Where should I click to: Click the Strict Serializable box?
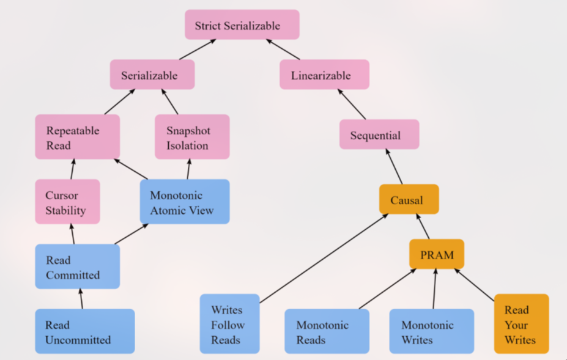(x=242, y=25)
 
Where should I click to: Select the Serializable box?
(x=152, y=75)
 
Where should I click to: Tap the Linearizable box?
(x=324, y=75)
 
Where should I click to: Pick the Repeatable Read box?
(x=77, y=137)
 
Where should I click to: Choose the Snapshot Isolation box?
(x=192, y=137)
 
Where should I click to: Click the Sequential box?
(x=379, y=134)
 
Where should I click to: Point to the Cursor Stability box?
(x=67, y=202)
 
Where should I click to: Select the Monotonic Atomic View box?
(x=185, y=202)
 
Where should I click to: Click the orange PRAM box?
(x=437, y=254)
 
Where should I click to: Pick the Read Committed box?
(x=77, y=266)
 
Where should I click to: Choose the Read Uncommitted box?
(x=84, y=331)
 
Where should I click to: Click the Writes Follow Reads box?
(x=229, y=324)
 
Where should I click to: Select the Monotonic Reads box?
(x=327, y=331)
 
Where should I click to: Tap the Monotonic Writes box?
(x=431, y=331)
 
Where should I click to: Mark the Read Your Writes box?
(x=521, y=324)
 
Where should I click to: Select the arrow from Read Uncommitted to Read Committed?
(x=81, y=299)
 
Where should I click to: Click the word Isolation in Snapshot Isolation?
(x=188, y=145)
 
